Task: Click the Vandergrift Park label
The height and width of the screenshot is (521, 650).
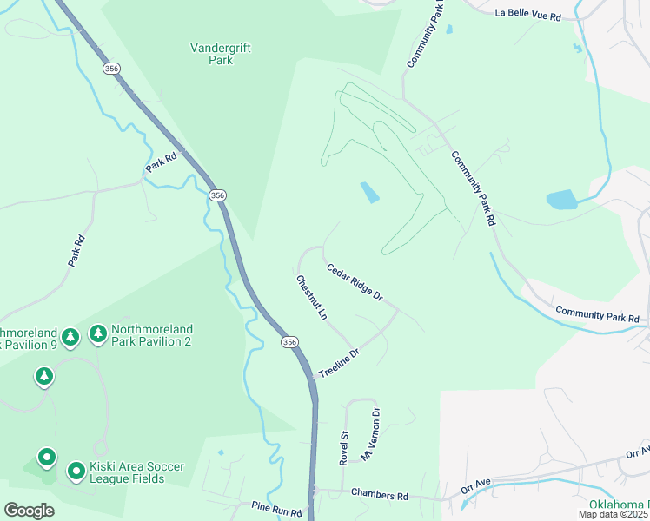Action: coord(221,55)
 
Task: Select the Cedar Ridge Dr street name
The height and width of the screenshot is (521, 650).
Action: coord(355,282)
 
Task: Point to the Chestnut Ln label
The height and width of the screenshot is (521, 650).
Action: coord(311,298)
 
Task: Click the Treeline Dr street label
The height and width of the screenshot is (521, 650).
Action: coord(339,363)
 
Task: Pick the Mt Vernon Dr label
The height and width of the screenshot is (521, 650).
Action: coord(371,432)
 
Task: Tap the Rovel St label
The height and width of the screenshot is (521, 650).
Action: coord(344,448)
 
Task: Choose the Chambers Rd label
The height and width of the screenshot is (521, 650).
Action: coord(380,493)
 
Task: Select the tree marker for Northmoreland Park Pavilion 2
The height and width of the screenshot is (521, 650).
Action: coord(97,334)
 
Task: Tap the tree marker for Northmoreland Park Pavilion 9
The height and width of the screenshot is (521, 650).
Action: coord(70,335)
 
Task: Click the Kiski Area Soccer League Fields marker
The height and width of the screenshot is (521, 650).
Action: coord(76,472)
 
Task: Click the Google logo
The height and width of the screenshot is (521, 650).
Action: coord(29,510)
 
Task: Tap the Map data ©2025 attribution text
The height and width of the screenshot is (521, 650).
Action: coord(612,514)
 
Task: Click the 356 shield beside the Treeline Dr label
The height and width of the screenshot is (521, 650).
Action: coord(289,343)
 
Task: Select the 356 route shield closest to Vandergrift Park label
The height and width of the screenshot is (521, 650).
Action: coord(110,68)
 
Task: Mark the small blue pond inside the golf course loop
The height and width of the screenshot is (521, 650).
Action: coord(369,192)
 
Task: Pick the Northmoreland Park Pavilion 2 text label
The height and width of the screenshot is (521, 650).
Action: coord(152,335)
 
